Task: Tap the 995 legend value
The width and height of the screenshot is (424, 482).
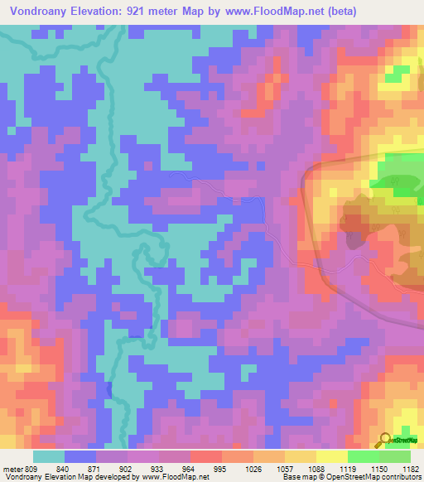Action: coord(200,469)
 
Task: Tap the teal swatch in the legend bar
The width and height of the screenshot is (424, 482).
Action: coord(49,456)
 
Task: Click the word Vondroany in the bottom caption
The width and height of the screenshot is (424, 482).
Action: coord(22,477)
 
